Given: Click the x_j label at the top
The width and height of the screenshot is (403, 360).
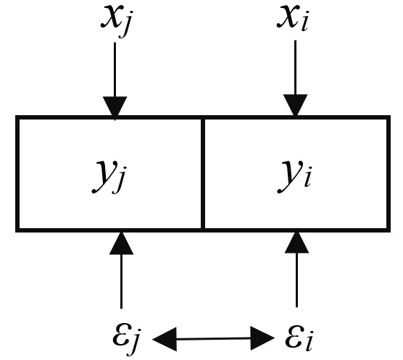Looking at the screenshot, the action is [x=117, y=21].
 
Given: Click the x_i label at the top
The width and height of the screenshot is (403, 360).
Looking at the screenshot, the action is [x=292, y=18].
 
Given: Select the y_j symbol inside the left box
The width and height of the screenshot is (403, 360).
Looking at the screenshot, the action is [x=109, y=176].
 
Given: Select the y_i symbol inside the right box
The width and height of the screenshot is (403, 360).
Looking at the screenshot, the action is [x=294, y=176].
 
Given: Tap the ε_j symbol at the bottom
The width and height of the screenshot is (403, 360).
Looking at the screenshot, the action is [x=126, y=339].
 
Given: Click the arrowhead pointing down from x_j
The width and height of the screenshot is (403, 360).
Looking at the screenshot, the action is [x=115, y=108].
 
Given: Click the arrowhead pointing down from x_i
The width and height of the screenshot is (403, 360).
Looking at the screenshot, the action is [x=295, y=105].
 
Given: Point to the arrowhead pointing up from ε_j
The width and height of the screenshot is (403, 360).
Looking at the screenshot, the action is [x=121, y=243].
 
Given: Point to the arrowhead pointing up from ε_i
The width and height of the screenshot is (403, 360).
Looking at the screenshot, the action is [x=296, y=243].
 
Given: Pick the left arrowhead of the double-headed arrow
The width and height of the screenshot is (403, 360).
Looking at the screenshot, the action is [x=165, y=339].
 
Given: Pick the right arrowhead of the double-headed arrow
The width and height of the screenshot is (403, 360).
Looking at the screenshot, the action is [x=262, y=338].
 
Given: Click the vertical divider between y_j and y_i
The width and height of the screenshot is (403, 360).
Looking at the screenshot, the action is [x=203, y=174].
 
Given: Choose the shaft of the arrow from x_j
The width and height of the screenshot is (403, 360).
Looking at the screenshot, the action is [x=115, y=70].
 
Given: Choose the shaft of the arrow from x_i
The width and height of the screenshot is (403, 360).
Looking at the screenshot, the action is [x=295, y=67].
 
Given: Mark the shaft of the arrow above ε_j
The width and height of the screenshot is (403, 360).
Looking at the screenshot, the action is [x=121, y=282].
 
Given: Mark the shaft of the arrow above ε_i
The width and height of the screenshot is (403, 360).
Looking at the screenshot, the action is [x=296, y=280].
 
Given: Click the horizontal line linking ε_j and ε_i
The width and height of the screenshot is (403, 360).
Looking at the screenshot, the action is [x=214, y=339].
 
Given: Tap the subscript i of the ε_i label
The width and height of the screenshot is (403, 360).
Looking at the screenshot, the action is [x=310, y=340].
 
